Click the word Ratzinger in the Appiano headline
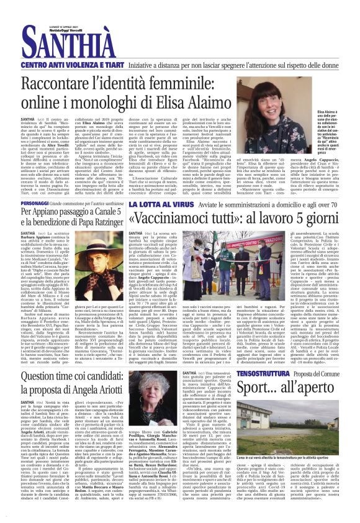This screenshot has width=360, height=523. coord(138,222)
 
